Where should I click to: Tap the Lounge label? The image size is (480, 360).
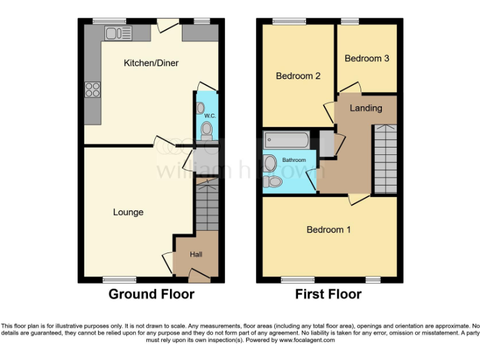[x=128, y=212]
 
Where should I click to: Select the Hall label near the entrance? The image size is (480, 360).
[x=196, y=254]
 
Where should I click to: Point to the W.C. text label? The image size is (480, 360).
[x=209, y=116]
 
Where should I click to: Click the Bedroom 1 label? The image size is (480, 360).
[x=328, y=230]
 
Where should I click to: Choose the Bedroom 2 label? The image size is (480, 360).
[x=298, y=76]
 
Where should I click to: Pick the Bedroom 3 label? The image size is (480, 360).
[x=367, y=58]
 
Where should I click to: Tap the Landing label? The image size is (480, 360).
[x=366, y=108]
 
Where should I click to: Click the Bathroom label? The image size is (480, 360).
[x=294, y=160]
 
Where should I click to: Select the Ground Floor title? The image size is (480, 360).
[x=151, y=294]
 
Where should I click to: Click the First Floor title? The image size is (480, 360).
[x=328, y=294]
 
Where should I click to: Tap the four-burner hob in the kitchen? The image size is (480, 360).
[x=92, y=90]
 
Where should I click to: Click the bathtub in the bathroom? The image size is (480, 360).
[x=286, y=139]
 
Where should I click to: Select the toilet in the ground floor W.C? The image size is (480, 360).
[x=206, y=130]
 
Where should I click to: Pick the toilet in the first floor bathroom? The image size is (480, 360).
[x=272, y=181]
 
